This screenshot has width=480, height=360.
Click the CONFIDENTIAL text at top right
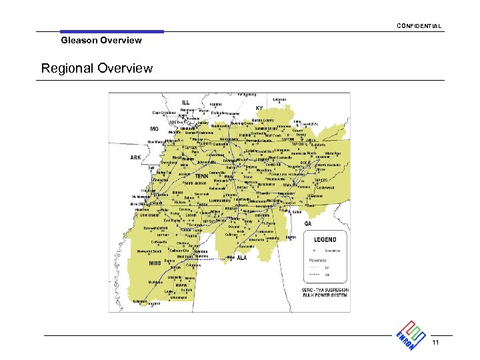[x=419, y=26]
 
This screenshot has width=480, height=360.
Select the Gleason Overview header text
[x=101, y=40]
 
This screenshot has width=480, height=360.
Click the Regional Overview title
[x=97, y=68]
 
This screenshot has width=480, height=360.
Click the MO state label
[x=154, y=129]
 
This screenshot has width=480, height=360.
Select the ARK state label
[x=135, y=158]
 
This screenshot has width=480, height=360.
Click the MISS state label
[x=155, y=263]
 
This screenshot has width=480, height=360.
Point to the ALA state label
[x=243, y=259]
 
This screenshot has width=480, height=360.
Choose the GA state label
[x=308, y=224]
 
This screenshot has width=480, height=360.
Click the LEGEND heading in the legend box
[x=325, y=239]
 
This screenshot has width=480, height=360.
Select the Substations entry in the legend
[x=332, y=251]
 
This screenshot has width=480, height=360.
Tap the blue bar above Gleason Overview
[x=111, y=31]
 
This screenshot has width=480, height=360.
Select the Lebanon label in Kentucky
[x=279, y=99]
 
